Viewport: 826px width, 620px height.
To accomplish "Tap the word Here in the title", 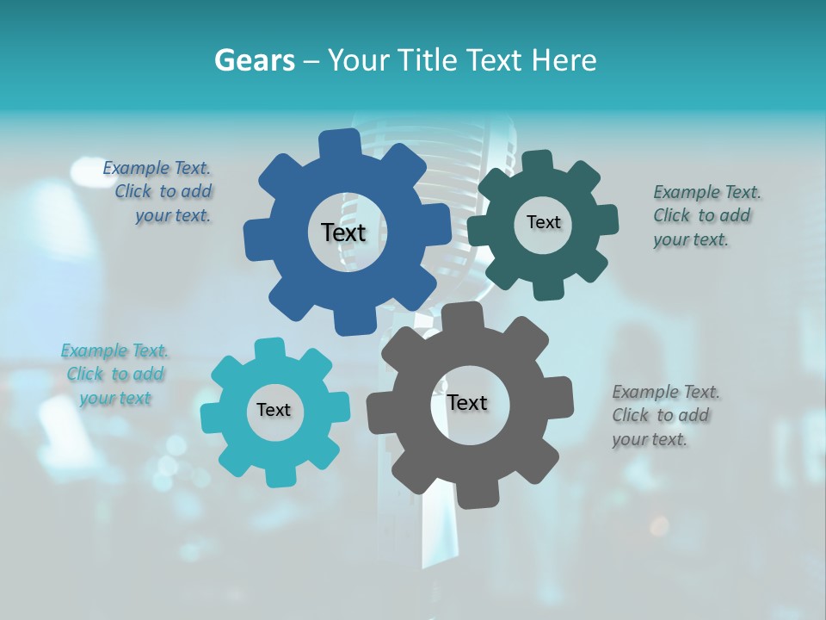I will pyautogui.click(x=564, y=60).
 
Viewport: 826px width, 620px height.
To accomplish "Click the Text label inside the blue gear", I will pyautogui.click(x=343, y=232).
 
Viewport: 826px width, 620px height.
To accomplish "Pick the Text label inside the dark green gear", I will pyautogui.click(x=543, y=222).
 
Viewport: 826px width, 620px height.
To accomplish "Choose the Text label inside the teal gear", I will pyautogui.click(x=274, y=410).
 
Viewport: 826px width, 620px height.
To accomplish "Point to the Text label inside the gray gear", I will pyautogui.click(x=467, y=402).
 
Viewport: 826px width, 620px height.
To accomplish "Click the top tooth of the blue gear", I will pyautogui.click(x=341, y=142).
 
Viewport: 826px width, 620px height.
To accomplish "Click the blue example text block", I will pyautogui.click(x=159, y=192).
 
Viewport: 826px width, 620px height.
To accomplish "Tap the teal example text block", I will pyautogui.click(x=114, y=374).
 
